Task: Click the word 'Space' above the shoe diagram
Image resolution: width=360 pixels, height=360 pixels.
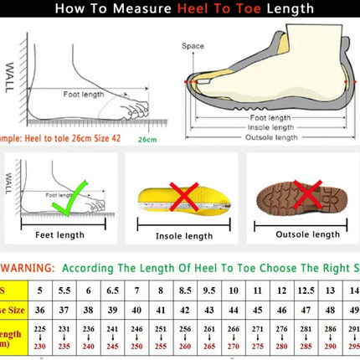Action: pyautogui.click(x=193, y=46)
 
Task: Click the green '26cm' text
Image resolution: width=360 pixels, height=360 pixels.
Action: pyautogui.click(x=147, y=139)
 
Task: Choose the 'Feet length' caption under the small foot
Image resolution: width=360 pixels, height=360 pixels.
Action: pyautogui.click(x=59, y=235)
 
